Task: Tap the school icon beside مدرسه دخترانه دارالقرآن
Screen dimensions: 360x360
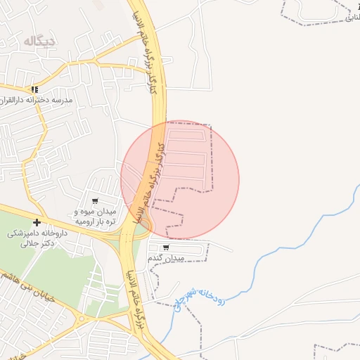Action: [x=34, y=89]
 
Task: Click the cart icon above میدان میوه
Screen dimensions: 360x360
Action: [x=96, y=202]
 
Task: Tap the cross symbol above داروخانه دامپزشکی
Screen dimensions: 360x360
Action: [x=37, y=223]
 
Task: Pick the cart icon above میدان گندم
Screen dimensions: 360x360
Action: [x=166, y=247]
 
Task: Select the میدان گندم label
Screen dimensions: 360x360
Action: [x=167, y=259]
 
